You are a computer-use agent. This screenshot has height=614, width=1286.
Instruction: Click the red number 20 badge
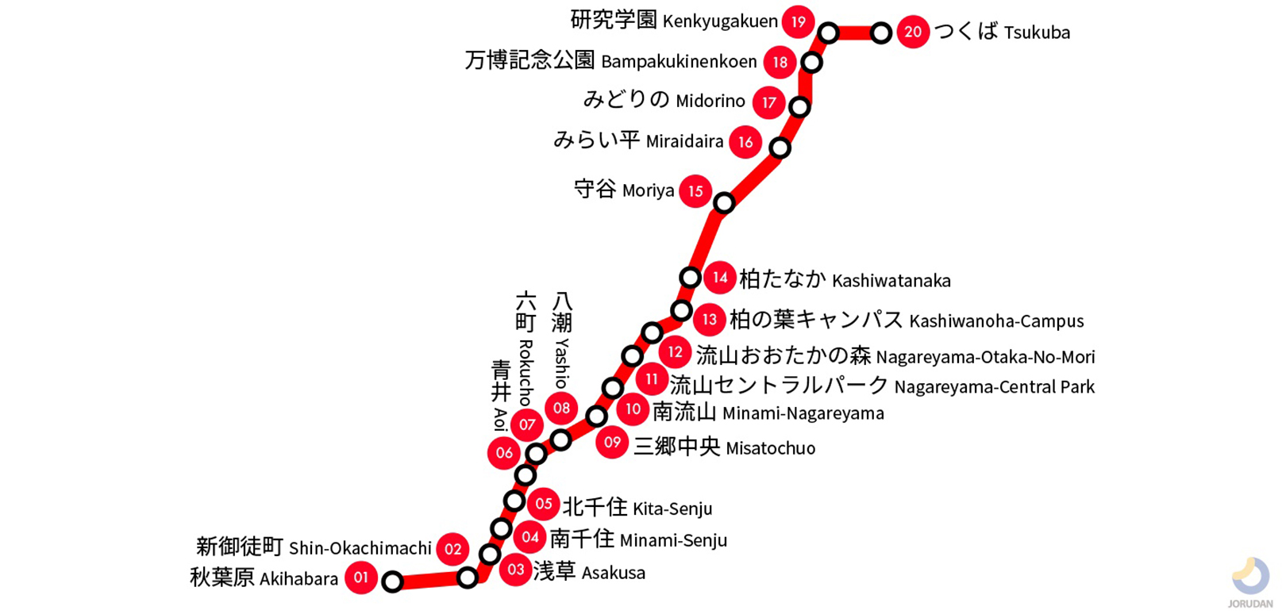pos(913,32)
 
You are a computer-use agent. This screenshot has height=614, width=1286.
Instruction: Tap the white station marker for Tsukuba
pos(880,33)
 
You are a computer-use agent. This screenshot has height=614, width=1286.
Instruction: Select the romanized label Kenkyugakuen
pos(720,21)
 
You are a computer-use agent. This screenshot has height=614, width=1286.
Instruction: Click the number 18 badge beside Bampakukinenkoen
pos(780,63)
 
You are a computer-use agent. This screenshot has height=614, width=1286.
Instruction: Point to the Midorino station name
pos(710,102)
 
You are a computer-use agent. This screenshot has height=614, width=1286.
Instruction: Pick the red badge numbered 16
pos(745,142)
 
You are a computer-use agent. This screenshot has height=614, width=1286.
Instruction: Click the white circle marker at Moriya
pos(724,203)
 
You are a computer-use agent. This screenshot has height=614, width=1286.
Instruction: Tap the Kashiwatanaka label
pos(891,281)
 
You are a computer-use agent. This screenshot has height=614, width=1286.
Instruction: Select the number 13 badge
pos(709,320)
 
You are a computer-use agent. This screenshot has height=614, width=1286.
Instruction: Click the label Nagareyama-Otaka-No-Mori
pos(984,357)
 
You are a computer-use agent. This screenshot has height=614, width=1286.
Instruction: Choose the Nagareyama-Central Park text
pos(994,387)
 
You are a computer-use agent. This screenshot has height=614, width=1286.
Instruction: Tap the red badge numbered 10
pos(633,409)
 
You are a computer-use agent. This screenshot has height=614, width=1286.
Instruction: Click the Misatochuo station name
pos(770,448)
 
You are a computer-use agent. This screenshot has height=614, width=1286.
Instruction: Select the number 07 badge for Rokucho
pos(527,425)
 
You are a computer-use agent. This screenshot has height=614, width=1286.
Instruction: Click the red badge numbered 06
pos(504,453)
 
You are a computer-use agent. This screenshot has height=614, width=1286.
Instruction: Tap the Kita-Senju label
pos(672,508)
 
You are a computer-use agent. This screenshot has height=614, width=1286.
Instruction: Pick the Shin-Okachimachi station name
pos(360,548)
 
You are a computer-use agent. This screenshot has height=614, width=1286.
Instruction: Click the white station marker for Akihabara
pos(392,582)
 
